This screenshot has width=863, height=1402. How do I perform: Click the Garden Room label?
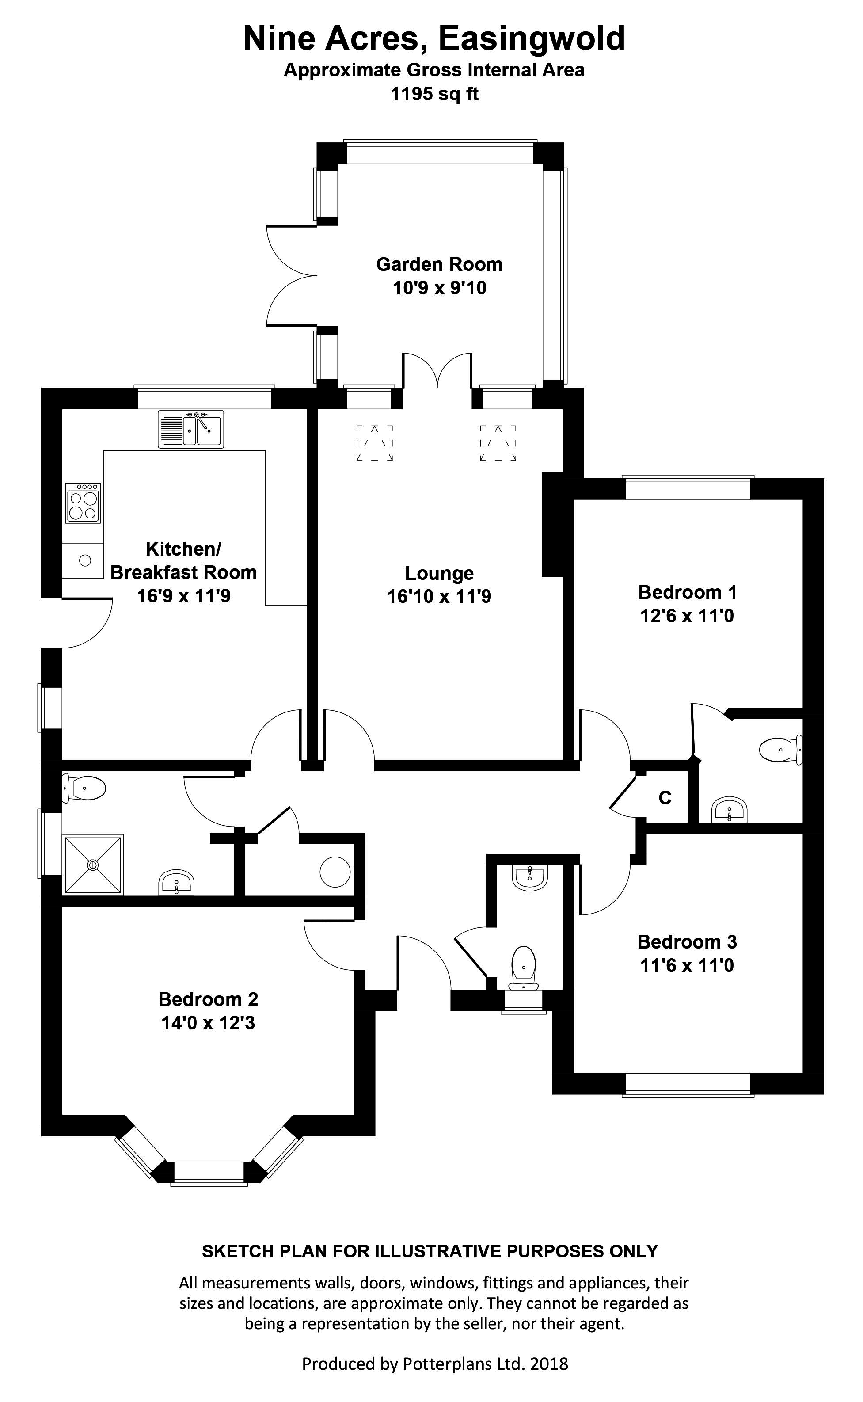click(x=439, y=264)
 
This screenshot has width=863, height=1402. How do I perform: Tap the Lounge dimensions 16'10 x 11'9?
click(x=439, y=597)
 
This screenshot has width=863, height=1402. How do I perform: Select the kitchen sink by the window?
click(x=190, y=429)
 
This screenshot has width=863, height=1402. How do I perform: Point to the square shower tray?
click(x=93, y=865)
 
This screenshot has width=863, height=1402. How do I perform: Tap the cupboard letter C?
click(x=665, y=797)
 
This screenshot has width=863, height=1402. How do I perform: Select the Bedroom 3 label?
click(x=687, y=941)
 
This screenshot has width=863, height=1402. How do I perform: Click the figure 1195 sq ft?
click(x=434, y=94)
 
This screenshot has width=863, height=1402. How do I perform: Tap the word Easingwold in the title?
click(x=531, y=39)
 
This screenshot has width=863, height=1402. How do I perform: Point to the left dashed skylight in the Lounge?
click(x=374, y=442)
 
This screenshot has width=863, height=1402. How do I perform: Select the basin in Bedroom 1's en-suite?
click(x=730, y=809)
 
